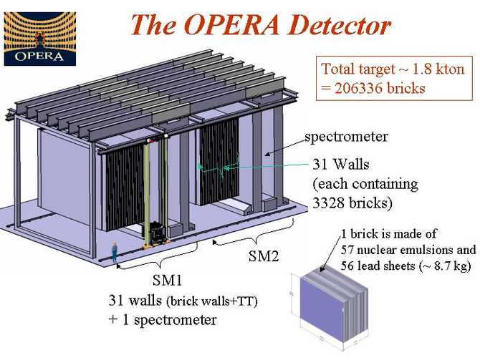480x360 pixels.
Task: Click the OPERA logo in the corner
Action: (40, 39)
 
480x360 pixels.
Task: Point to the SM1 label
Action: (167, 280)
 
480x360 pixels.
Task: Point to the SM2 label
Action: (264, 256)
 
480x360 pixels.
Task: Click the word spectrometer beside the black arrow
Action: (346, 137)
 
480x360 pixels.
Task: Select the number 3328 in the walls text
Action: (327, 203)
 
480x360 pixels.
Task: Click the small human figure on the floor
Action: (115, 252)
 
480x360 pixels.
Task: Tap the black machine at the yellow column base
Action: (158, 233)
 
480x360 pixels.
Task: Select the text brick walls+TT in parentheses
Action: (212, 301)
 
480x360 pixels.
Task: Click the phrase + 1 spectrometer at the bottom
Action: (163, 320)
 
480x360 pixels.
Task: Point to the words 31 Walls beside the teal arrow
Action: (341, 165)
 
